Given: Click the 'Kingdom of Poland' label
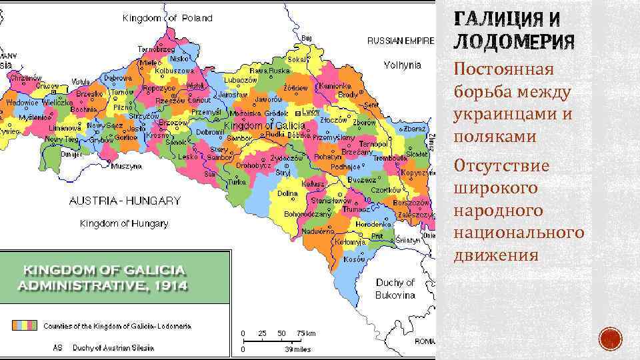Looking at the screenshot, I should pos(167,18).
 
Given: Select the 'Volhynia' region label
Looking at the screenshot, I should pos(403,65).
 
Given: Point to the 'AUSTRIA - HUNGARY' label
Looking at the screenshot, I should pos(125,200).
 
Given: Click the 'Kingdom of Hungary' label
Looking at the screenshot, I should pos(124,223).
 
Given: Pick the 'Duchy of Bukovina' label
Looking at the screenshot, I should pos(395,289).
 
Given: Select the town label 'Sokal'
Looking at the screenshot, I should pos(297,59).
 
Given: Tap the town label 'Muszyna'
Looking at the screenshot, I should pos(126,165).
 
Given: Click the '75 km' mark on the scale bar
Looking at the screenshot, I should pos(307,333).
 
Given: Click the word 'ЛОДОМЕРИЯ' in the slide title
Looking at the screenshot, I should pos(513,43).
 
